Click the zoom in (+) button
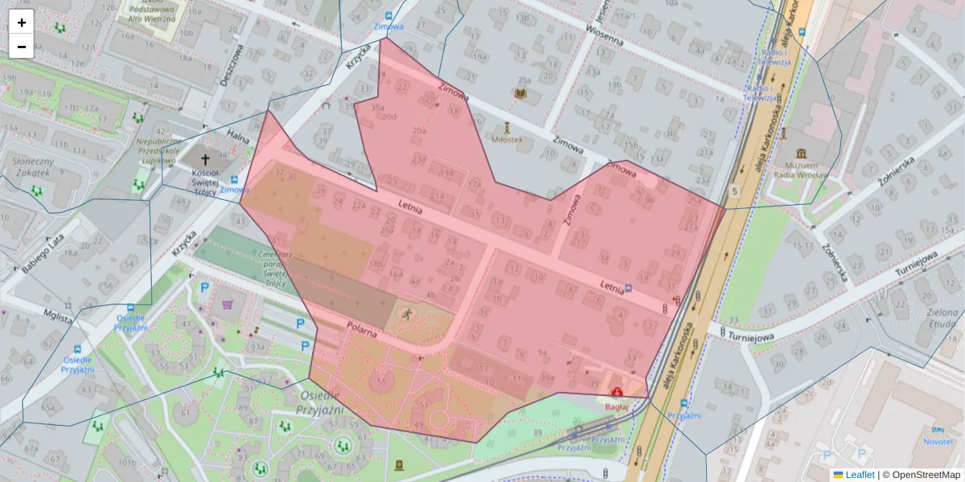click(x=22, y=22)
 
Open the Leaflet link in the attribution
click(x=860, y=475)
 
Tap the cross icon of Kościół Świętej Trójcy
click(x=204, y=160)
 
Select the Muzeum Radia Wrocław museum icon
click(x=801, y=153)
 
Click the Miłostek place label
click(x=507, y=139)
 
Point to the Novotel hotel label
click(x=938, y=442)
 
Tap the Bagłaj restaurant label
click(x=616, y=408)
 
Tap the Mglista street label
click(x=59, y=316)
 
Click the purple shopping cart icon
click(x=228, y=305)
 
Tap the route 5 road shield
click(x=733, y=190)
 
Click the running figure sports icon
click(x=407, y=313)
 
